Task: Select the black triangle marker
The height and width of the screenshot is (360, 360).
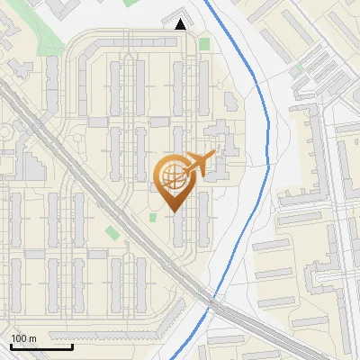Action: [x=181, y=24]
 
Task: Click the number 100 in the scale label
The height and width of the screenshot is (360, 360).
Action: [x=19, y=338]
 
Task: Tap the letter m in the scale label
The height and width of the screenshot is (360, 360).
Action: [x=32, y=338]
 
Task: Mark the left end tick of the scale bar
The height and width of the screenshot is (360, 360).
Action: [x=11, y=346]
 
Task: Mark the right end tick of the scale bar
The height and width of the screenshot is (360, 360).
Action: [x=72, y=346]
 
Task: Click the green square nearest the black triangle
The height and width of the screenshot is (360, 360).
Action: [x=204, y=43]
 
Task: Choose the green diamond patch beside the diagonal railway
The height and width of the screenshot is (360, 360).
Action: [x=112, y=233]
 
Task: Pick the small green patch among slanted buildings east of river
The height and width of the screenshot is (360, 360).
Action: [x=299, y=68]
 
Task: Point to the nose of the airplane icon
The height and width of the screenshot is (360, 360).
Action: [x=213, y=156]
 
